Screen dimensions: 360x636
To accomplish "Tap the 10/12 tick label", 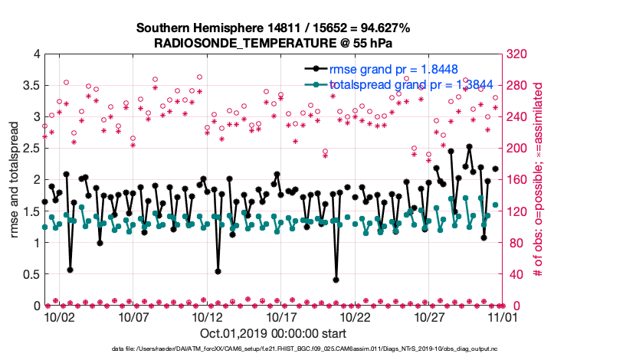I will click(208, 316).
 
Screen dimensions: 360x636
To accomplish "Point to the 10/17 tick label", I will click(281, 316).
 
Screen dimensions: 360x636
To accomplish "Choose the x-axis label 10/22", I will click(356, 316).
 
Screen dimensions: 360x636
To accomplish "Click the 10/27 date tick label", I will click(430, 316).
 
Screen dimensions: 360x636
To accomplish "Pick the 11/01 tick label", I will click(503, 316).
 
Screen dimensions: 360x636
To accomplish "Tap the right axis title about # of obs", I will click(538, 180).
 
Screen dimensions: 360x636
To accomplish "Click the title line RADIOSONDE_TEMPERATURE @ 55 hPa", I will click(274, 43).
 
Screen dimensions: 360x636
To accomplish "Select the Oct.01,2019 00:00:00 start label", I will click(274, 333).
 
